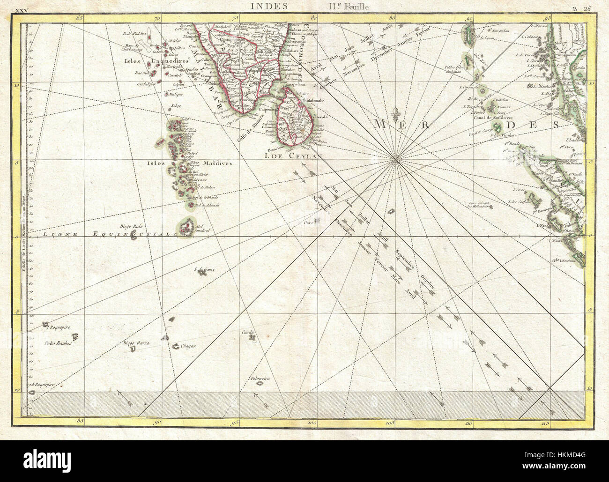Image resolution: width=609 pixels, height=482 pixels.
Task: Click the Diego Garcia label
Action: pyautogui.click(x=136, y=343)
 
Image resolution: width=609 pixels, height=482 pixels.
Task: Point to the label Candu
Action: pyautogui.click(x=248, y=333)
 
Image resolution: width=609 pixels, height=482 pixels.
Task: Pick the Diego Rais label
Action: pyautogui.click(x=131, y=226)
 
